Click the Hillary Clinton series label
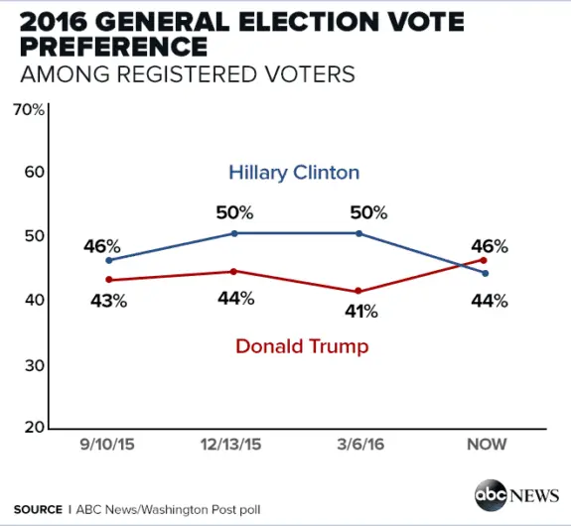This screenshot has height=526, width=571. tap(294, 173)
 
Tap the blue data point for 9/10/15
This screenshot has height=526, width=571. tap(108, 260)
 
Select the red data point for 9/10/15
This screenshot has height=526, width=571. tap(108, 279)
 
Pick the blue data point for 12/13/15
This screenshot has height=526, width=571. tap(233, 233)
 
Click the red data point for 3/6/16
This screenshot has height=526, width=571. tap(359, 291)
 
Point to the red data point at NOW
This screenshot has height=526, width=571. tap(484, 259)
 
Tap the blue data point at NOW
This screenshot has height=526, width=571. tap(484, 273)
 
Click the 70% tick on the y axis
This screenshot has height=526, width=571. tap(28, 109)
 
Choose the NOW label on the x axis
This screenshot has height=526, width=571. tap(487, 444)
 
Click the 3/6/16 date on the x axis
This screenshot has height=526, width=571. tap(359, 444)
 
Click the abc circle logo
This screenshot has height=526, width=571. tap(491, 494)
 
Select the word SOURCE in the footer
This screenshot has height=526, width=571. tap(38, 509)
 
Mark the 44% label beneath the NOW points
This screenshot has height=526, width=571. tap(489, 301)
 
